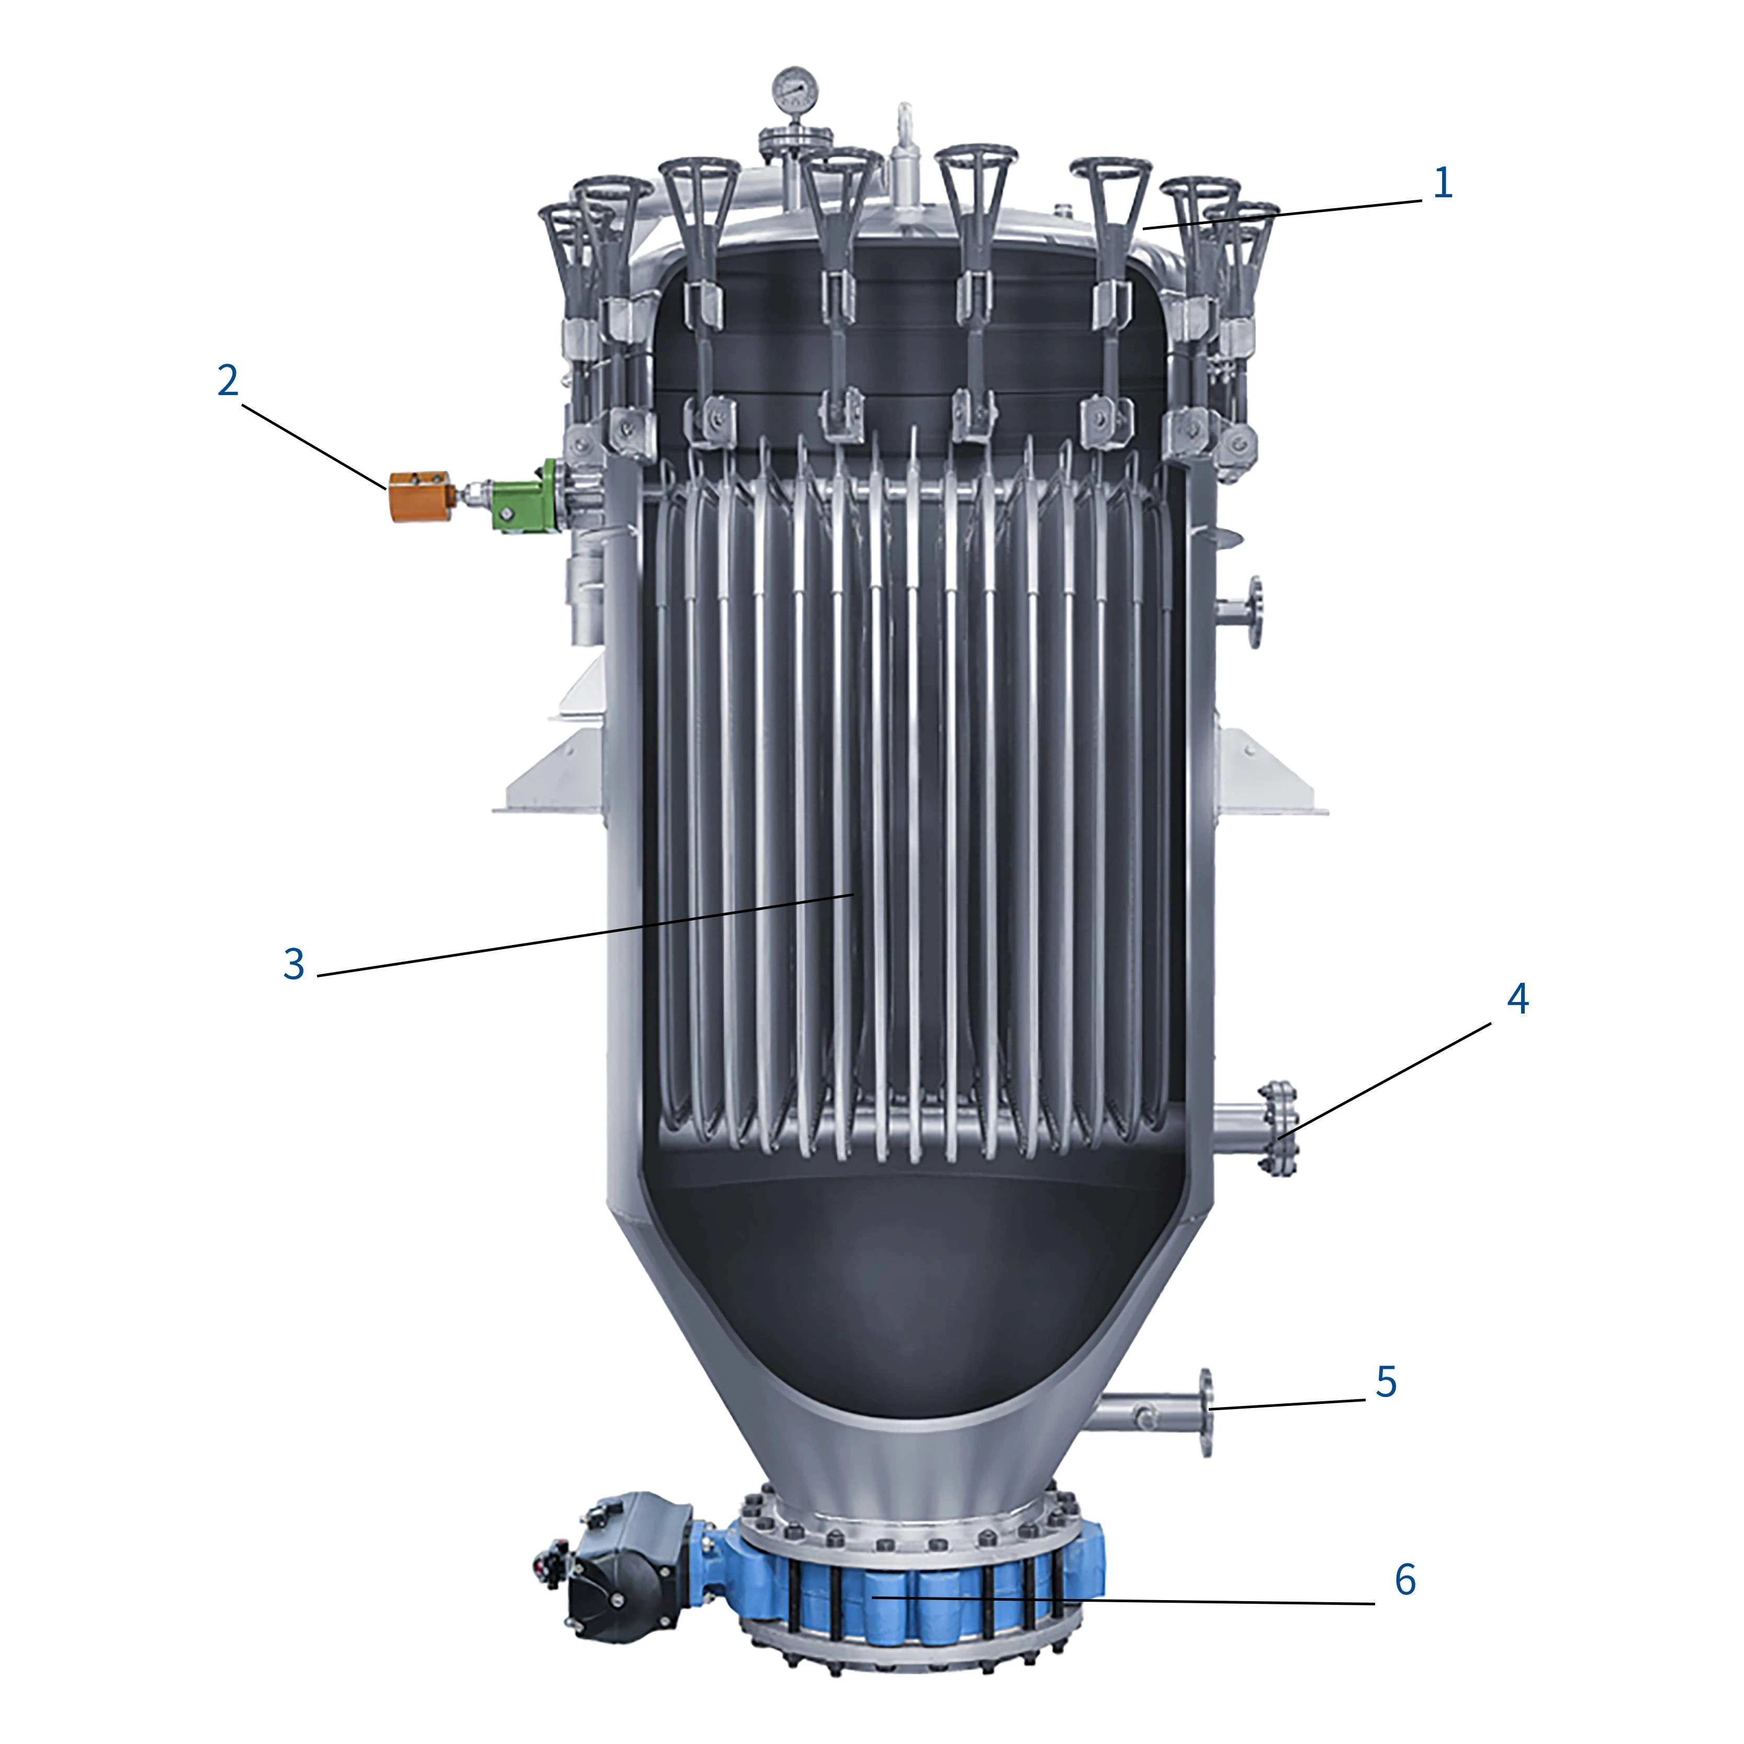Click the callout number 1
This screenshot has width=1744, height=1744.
pyautogui.click(x=1443, y=183)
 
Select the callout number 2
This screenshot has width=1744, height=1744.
pyautogui.click(x=228, y=381)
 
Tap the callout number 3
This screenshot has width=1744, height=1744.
pyautogui.click(x=294, y=964)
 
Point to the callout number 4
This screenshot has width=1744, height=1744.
pyautogui.click(x=1517, y=999)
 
